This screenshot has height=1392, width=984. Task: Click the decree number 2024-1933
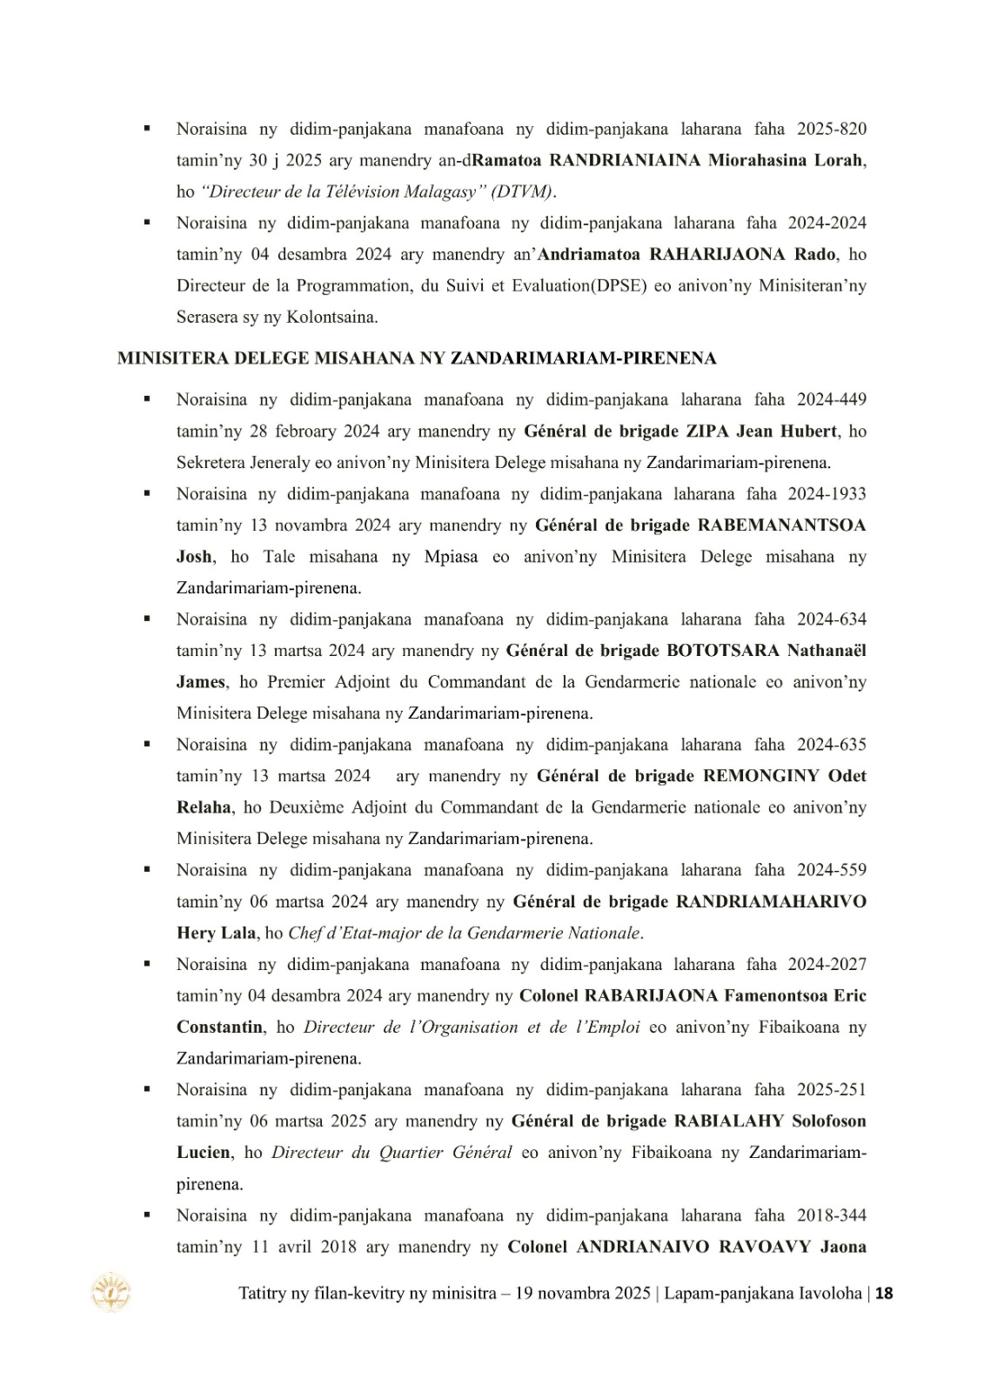(827, 494)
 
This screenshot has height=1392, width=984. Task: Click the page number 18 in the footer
(884, 1293)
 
